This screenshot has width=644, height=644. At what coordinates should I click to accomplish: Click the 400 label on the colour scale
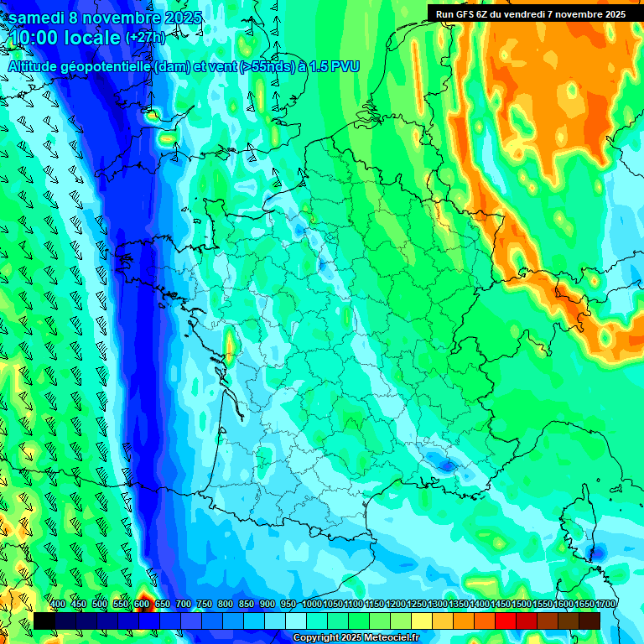(x=58, y=604)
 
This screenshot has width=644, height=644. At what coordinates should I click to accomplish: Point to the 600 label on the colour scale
(x=142, y=604)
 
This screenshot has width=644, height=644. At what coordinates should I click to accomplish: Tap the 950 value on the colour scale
(x=288, y=604)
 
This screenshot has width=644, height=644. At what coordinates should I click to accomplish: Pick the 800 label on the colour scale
(x=226, y=604)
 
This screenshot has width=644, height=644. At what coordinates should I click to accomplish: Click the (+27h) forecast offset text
(x=145, y=38)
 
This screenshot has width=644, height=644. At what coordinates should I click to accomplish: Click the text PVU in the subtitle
(x=345, y=66)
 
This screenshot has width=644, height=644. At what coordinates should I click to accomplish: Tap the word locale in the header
(x=95, y=38)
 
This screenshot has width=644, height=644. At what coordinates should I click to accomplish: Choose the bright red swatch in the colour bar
(x=505, y=621)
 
